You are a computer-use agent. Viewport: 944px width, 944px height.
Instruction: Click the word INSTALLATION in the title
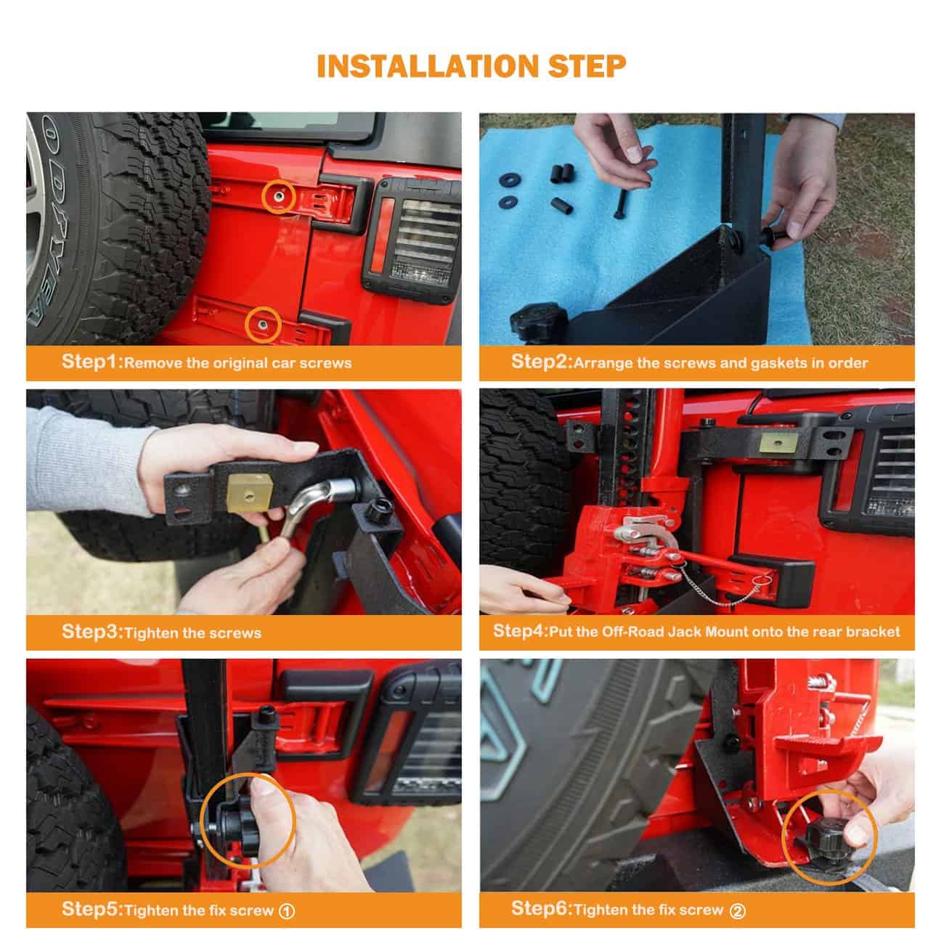428,66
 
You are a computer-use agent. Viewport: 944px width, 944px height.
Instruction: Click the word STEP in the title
587,66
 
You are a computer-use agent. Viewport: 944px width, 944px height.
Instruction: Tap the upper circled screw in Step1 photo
278,197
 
